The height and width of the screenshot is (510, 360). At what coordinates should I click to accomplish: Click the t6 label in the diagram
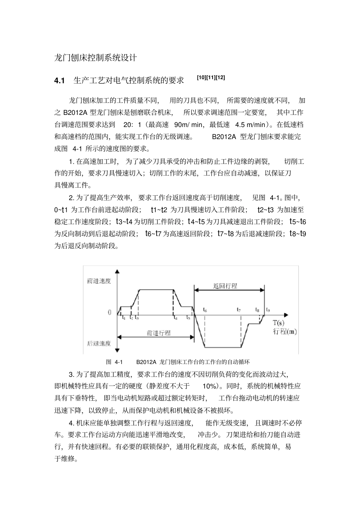[205, 310]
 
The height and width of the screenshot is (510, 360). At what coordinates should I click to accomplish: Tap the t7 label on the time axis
[239, 310]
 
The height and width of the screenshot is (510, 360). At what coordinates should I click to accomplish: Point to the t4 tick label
[175, 318]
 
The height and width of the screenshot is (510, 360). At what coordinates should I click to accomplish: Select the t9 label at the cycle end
[268, 310]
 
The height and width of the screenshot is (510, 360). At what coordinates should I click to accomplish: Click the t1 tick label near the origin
[124, 318]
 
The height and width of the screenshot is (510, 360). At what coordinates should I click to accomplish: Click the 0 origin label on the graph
[110, 313]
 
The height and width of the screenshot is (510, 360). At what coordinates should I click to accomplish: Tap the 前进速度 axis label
[99, 281]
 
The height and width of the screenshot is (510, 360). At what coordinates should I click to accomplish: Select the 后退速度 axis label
[99, 343]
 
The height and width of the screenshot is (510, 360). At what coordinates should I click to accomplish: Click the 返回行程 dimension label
[225, 286]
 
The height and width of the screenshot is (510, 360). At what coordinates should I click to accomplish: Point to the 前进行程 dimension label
[158, 333]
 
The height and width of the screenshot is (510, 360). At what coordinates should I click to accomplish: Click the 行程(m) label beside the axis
[285, 332]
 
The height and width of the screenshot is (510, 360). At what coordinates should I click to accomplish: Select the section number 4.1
[59, 80]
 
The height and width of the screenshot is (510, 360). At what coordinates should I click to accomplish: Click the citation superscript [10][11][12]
[211, 78]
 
